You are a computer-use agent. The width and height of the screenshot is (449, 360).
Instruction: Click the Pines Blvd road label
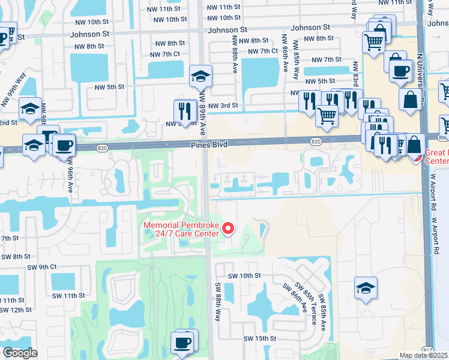(x=211, y=145)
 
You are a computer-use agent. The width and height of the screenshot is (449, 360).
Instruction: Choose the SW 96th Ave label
(x=70, y=179)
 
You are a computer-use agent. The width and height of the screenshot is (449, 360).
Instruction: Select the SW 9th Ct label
(x=41, y=266)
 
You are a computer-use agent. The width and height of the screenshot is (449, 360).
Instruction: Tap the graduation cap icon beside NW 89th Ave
(x=200, y=76)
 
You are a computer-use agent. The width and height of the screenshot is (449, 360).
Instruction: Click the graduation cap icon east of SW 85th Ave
(x=366, y=287)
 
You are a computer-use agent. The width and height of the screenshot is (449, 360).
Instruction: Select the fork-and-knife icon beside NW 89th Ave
(x=185, y=110)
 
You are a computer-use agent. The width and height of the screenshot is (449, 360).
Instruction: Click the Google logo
(x=19, y=353)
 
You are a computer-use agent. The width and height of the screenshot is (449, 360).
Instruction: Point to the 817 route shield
(x=426, y=350)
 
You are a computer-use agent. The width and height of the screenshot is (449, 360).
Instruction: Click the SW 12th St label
(x=16, y=310)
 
